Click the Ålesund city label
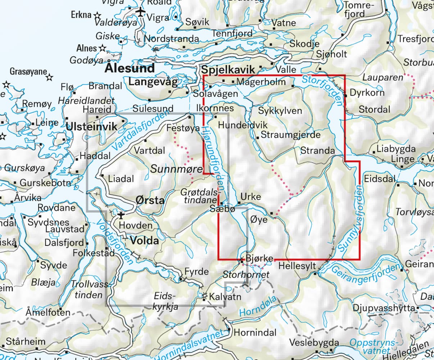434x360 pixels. pos(130,68)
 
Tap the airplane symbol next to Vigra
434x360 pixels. pos(140,12)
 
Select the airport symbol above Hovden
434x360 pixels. pos(121,215)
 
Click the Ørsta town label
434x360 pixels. pos(150,200)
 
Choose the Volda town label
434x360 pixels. pos(144,240)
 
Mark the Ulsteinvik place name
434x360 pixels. pos(92,126)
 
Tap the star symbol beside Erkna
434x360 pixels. pos(97,15)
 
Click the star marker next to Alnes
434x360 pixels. pos(103,48)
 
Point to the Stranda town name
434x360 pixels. pos(317,150)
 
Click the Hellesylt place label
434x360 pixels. pos(297,266)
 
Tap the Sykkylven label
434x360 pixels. pos(280,111)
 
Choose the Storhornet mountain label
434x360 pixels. pos(246,275)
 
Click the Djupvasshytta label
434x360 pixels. pos(384,308)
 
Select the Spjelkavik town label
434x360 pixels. pos(228,70)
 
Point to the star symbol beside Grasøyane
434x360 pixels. pos(50,77)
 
